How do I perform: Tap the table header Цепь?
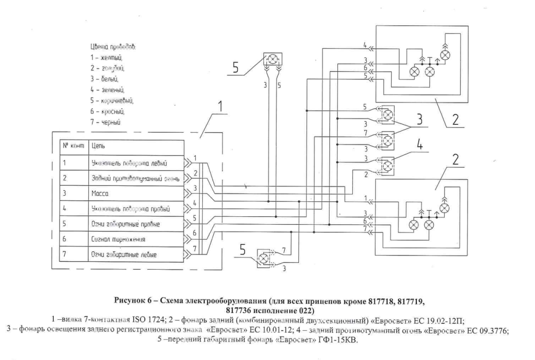[x=98, y=147]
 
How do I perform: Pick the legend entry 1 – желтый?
[x=107, y=57]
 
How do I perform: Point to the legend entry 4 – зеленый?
[x=108, y=89]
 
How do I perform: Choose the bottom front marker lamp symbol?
[x=264, y=258]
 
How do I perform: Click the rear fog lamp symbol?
[x=387, y=166]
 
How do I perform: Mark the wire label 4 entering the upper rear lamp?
[x=366, y=44]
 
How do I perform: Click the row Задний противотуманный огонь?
[x=135, y=178]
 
